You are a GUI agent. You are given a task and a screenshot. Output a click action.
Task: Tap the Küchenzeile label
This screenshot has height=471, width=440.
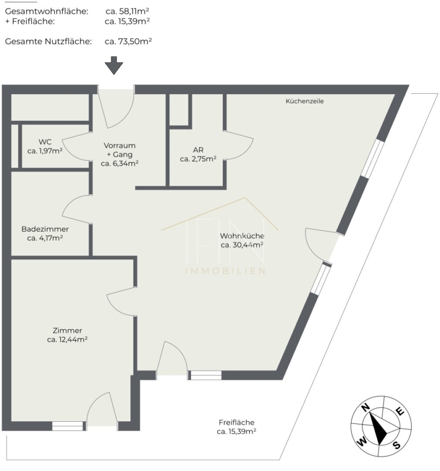(x=304, y=101)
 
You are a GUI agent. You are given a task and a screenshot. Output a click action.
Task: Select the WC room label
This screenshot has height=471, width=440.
(x=45, y=142)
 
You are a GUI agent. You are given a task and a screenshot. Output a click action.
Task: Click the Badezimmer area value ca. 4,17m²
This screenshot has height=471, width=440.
(x=45, y=238)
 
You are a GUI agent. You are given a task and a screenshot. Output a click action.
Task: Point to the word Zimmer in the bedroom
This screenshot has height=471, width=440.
(x=67, y=330)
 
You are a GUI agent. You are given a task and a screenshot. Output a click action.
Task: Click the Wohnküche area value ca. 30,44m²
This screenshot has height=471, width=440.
(x=242, y=245)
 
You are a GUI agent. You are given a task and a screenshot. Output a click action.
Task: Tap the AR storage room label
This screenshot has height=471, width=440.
(x=198, y=150)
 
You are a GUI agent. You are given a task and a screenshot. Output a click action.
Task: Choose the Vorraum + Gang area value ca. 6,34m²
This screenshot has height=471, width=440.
(x=119, y=163)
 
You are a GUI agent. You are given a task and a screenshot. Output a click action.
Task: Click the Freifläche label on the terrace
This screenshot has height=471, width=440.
(x=236, y=422)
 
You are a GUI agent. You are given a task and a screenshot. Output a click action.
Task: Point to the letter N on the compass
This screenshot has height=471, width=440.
(x=365, y=407)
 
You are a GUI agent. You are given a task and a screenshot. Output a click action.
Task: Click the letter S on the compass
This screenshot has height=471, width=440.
(x=397, y=445)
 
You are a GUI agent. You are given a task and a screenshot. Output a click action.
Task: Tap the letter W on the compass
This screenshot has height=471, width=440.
(x=362, y=442)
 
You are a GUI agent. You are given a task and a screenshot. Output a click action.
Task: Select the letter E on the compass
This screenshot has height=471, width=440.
(x=400, y=411)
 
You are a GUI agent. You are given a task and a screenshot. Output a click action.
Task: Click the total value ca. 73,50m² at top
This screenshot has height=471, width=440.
(x=128, y=41)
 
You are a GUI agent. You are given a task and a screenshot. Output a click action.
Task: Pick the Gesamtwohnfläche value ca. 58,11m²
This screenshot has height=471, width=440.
(x=127, y=12)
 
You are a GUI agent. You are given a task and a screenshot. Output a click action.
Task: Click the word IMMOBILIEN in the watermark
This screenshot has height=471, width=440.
(x=225, y=271)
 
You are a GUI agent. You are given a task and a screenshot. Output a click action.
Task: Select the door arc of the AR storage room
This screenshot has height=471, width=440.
(x=247, y=145)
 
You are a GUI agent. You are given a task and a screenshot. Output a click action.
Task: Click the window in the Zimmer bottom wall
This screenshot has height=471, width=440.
(x=67, y=426)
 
